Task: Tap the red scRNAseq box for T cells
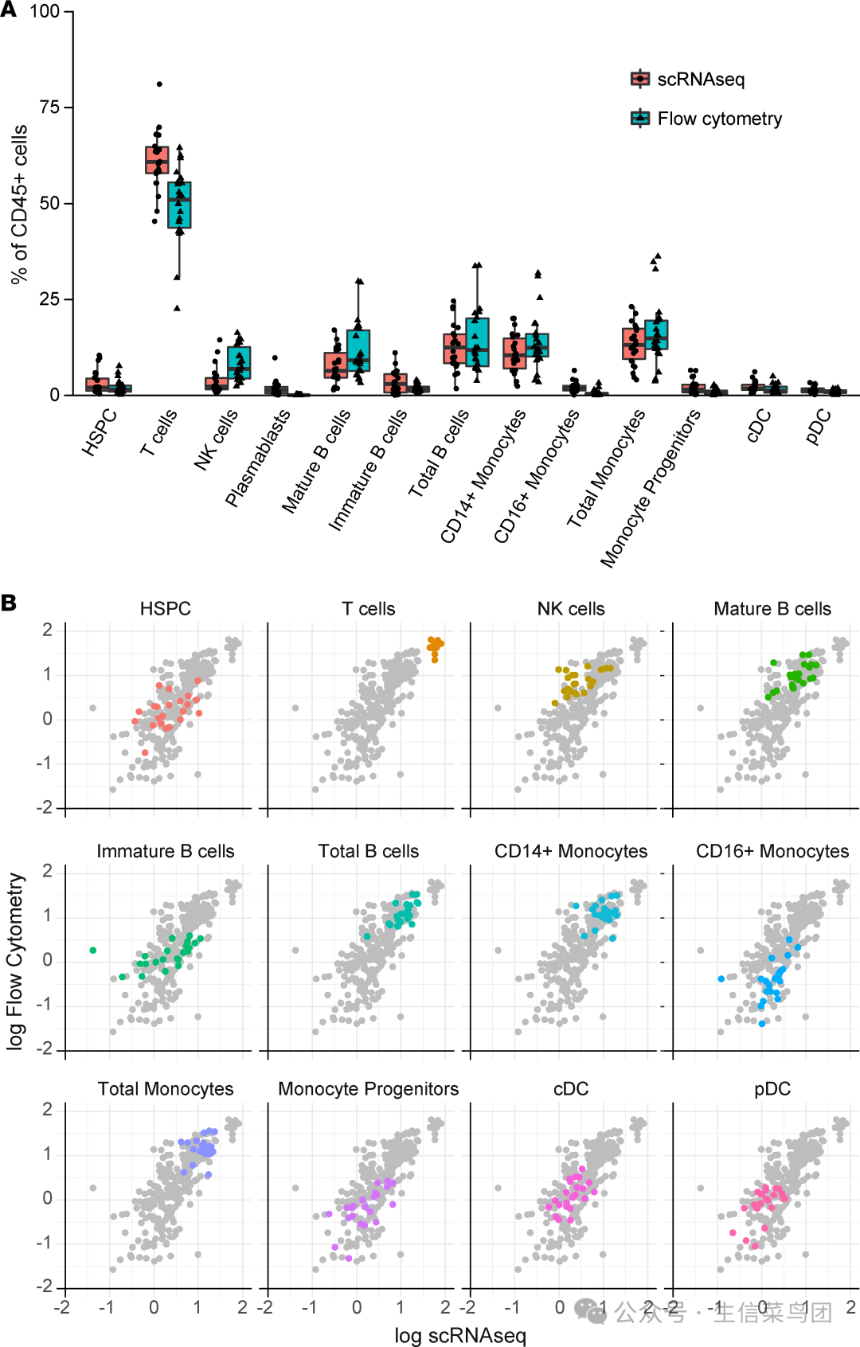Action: [157, 159]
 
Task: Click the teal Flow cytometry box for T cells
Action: [179, 205]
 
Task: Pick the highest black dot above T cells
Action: [159, 84]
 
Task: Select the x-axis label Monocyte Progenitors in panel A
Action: [650, 488]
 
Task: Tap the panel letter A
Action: [9, 10]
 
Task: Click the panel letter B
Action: [9, 603]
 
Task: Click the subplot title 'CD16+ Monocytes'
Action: [772, 851]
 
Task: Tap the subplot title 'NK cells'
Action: [571, 609]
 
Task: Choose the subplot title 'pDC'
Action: [772, 1088]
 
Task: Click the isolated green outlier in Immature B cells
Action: [93, 950]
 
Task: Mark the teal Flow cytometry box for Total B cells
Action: [477, 342]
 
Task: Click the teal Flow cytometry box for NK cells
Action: [239, 362]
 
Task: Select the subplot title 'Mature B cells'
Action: [772, 609]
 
